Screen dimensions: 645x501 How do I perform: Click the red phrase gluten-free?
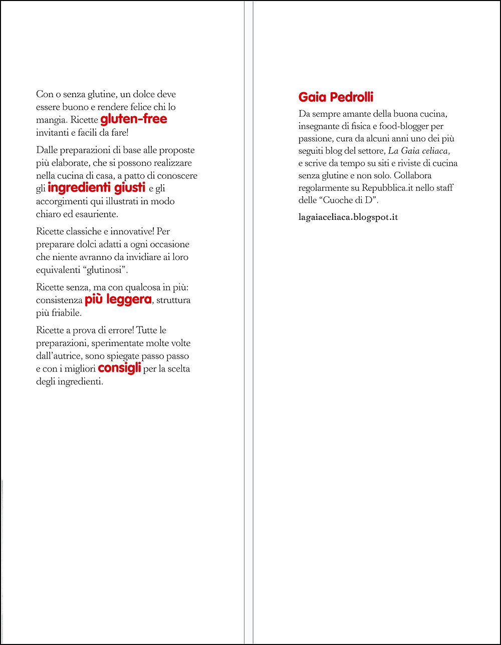134,120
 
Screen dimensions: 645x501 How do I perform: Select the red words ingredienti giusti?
96,188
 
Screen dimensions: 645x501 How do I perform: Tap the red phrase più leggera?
118,300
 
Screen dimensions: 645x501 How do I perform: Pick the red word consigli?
119,369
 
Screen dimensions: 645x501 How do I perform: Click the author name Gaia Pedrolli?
336,97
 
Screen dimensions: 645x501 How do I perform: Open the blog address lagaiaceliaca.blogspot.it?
348,217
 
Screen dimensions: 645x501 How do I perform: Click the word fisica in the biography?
359,126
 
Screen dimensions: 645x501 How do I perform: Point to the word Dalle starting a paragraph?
47,150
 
